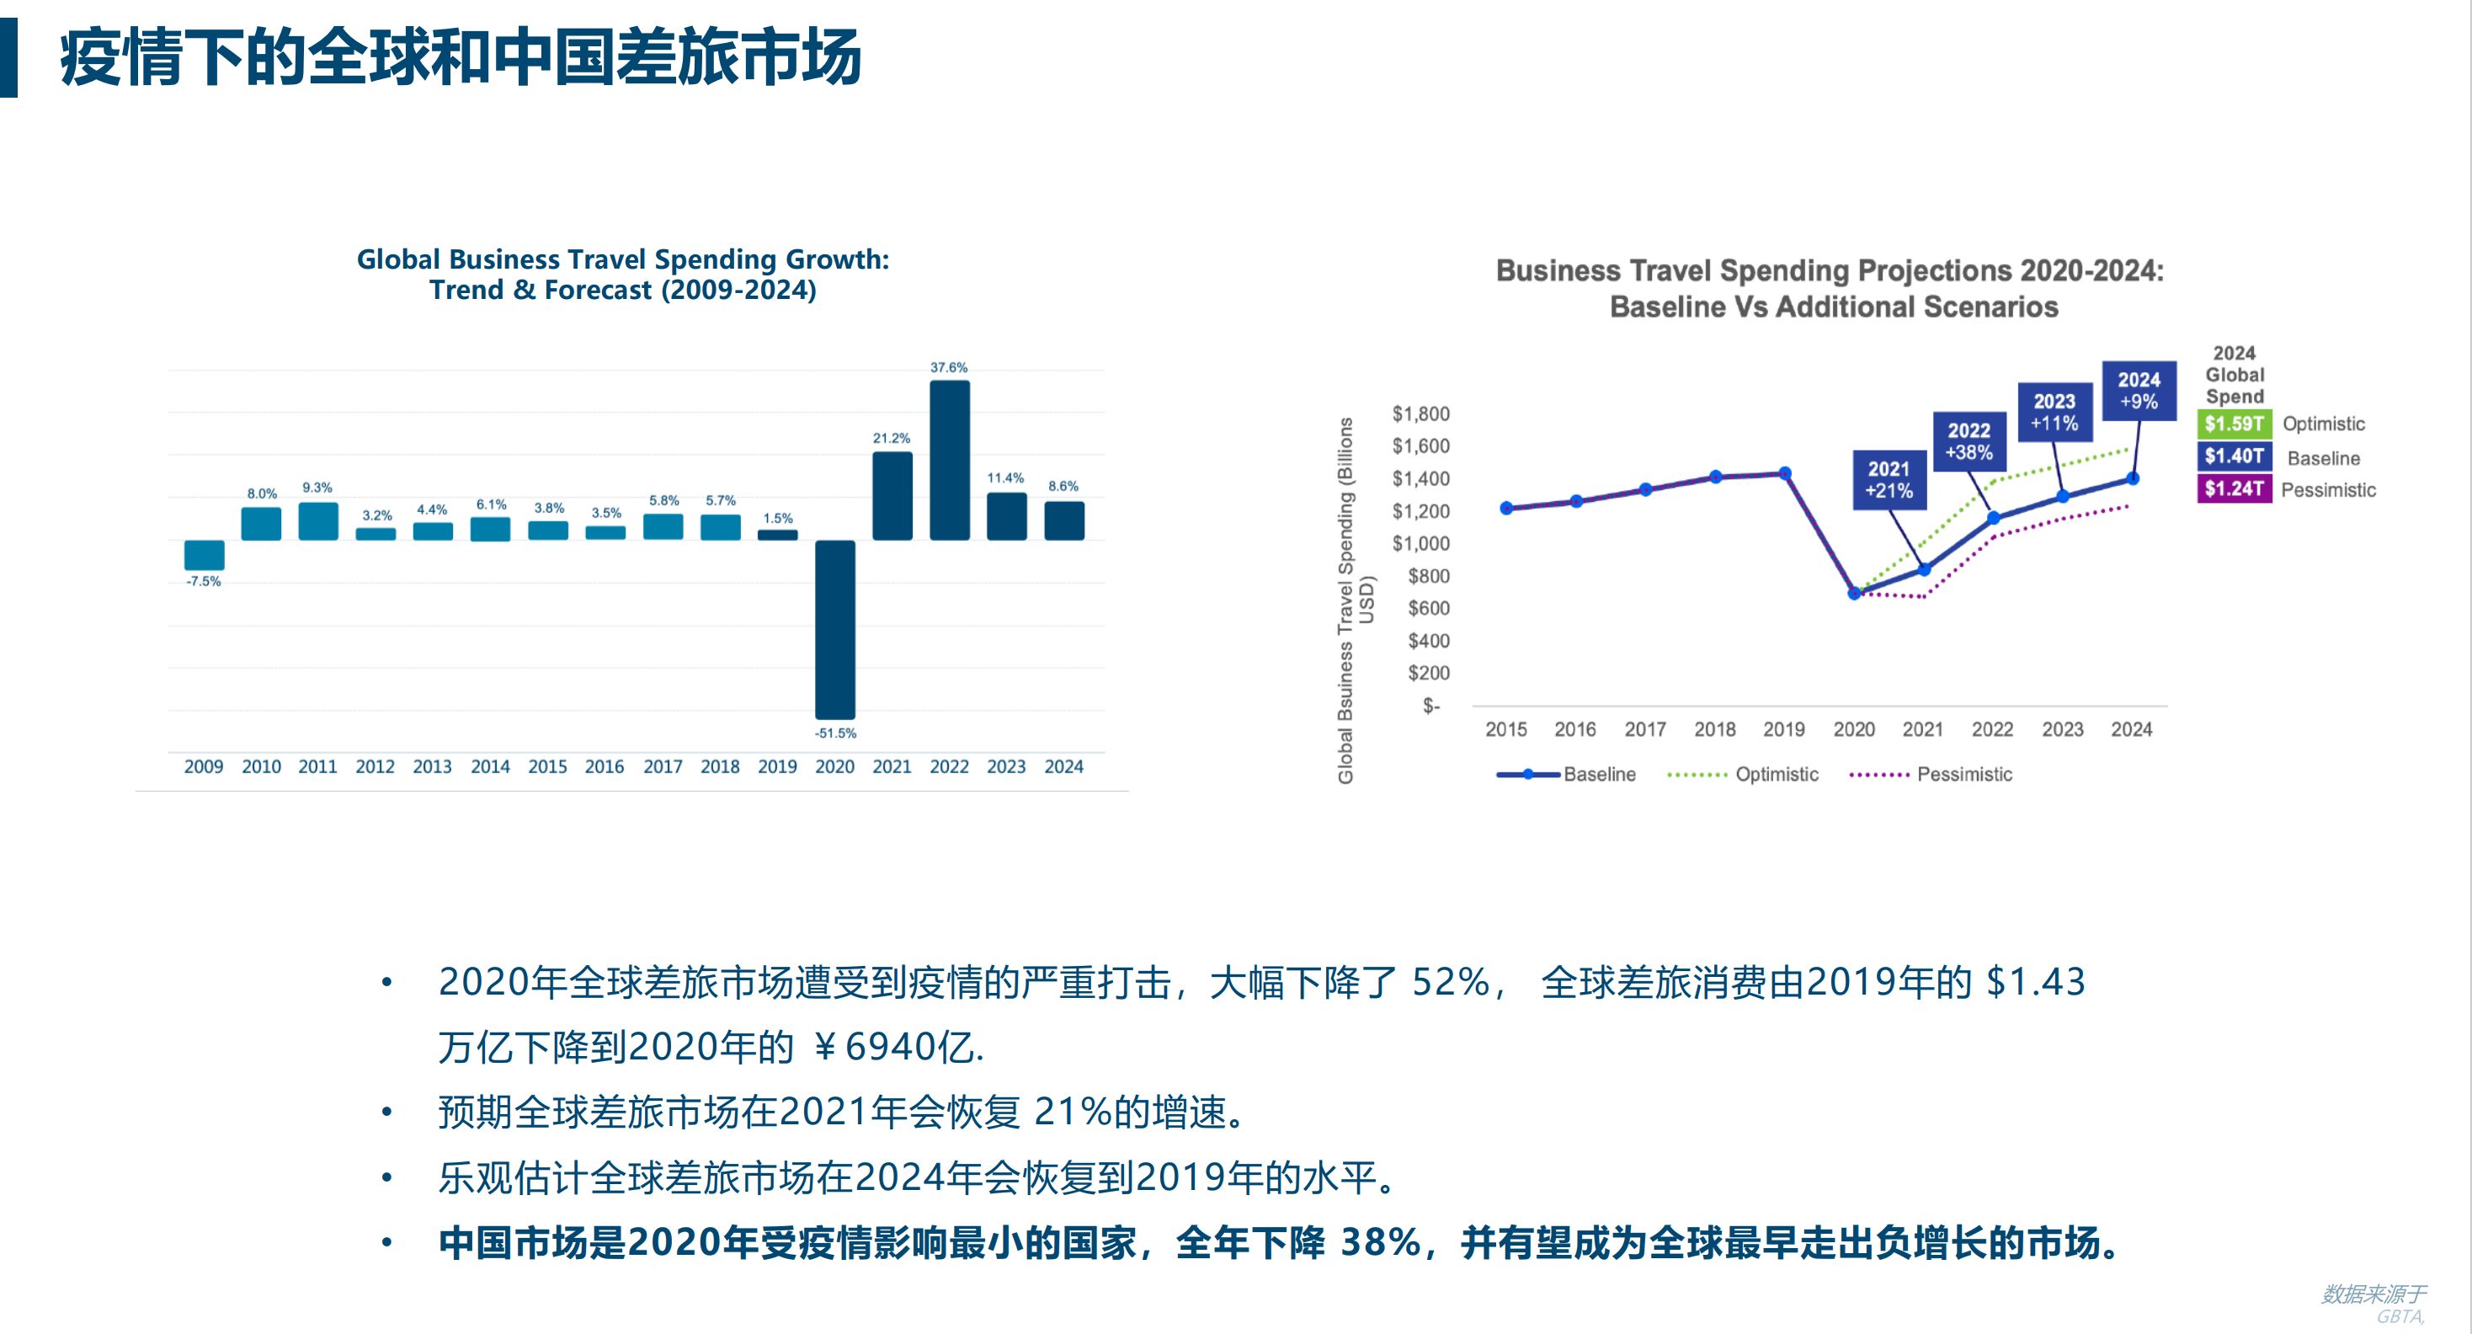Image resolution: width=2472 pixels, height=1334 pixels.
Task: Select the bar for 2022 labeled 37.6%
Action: pyautogui.click(x=949, y=460)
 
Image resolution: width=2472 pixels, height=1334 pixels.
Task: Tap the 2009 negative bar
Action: pyautogui.click(x=204, y=555)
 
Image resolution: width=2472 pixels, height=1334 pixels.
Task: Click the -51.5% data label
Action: pyautogui.click(x=835, y=734)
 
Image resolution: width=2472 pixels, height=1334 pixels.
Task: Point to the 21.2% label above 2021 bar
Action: pyautogui.click(x=891, y=439)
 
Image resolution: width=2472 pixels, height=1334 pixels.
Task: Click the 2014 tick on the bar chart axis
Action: pyautogui.click(x=489, y=767)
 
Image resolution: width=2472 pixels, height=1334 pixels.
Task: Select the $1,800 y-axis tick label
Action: pyautogui.click(x=1420, y=414)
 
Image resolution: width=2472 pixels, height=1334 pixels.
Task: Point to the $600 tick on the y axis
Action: pyautogui.click(x=1428, y=607)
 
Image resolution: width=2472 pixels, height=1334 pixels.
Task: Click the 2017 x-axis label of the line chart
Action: pyautogui.click(x=1645, y=729)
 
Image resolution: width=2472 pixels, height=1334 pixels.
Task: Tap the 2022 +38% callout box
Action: pyautogui.click(x=1969, y=441)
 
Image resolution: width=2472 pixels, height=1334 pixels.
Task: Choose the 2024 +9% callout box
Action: pyautogui.click(x=2138, y=391)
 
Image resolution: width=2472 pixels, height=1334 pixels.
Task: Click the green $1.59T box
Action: pyautogui.click(x=2233, y=424)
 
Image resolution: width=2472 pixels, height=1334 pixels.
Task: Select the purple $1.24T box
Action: pyautogui.click(x=2233, y=488)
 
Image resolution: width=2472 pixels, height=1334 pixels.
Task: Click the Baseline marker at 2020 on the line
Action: pyautogui.click(x=1854, y=594)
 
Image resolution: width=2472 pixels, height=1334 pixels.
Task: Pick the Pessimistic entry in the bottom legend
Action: pyautogui.click(x=1931, y=775)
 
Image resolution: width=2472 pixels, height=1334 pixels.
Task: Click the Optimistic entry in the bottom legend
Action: pyautogui.click(x=1743, y=775)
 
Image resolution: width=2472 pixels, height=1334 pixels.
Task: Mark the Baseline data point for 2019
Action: pyautogui.click(x=1785, y=473)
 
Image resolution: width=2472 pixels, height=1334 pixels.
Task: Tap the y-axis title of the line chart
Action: pyautogui.click(x=1354, y=600)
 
